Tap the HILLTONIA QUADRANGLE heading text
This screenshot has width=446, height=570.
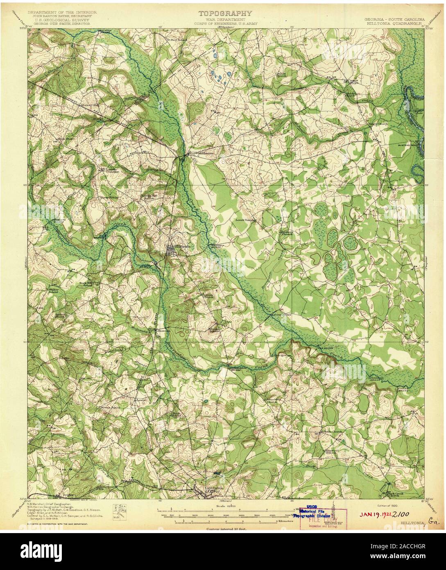coord(397,23)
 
